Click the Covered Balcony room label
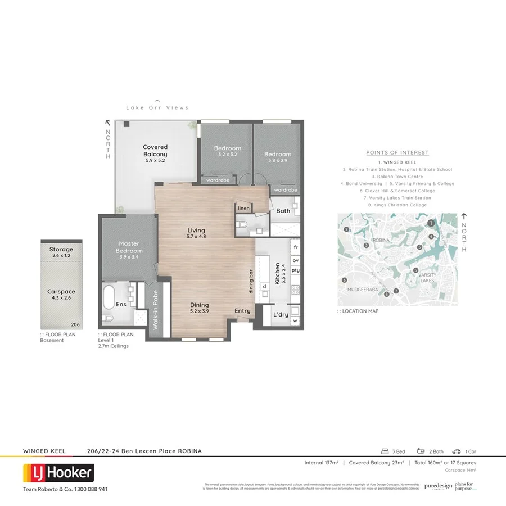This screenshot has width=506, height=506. (155, 151)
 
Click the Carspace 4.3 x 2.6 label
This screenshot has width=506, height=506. (61, 295)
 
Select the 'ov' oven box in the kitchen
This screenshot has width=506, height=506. (295, 260)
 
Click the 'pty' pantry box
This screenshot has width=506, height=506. (295, 270)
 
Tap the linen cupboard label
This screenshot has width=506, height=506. (243, 209)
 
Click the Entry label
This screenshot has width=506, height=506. (242, 311)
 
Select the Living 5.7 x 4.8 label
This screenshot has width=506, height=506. (196, 233)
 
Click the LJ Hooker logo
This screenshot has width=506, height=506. (58, 473)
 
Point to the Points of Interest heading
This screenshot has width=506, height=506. (397, 152)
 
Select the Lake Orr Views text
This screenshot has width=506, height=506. (157, 107)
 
